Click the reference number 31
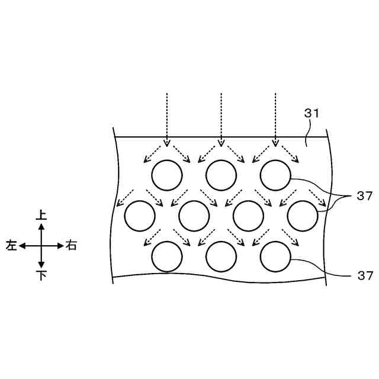311,114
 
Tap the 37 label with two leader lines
364,197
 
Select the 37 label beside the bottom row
364,275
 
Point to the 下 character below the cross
41,275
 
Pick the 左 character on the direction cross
11,245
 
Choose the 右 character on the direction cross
71,245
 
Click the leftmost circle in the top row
167,175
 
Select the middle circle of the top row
221,175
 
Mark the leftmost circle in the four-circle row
139,216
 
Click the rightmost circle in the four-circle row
302,216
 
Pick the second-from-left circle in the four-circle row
194,216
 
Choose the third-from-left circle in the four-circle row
248,216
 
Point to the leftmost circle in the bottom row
167,257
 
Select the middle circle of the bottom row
221,257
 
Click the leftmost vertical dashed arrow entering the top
167,118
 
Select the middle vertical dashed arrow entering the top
221,118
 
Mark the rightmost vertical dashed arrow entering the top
275,118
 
